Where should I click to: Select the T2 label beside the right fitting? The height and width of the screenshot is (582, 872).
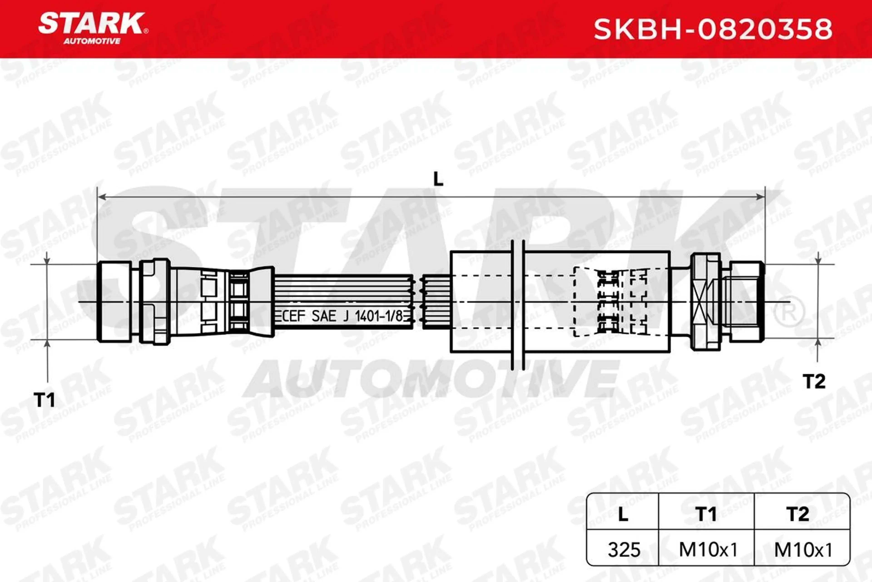[x=814, y=381]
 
